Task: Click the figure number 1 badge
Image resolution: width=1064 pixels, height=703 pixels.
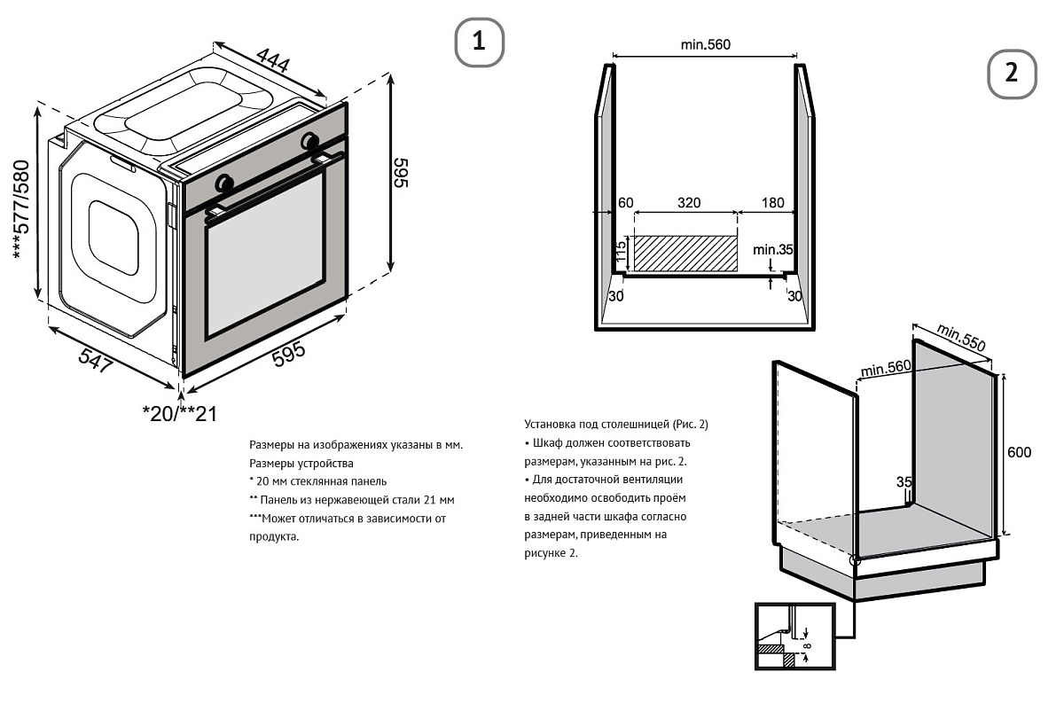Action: (x=479, y=42)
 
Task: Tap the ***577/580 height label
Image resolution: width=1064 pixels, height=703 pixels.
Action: (x=22, y=209)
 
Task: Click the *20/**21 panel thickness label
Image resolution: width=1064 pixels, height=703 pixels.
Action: (x=179, y=413)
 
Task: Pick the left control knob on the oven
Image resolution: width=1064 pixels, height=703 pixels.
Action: (x=224, y=183)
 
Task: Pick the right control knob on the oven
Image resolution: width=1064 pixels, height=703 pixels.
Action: (x=310, y=140)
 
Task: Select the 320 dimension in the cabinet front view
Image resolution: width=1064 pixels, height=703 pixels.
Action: (x=688, y=202)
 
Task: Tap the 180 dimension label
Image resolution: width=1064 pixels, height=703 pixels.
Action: (x=772, y=202)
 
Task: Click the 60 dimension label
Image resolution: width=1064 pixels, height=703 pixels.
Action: (x=625, y=202)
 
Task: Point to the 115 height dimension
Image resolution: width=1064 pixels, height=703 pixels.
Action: (x=622, y=254)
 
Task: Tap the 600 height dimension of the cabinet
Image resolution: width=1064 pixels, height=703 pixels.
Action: (x=1019, y=452)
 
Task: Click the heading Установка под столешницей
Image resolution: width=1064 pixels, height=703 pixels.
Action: (x=616, y=424)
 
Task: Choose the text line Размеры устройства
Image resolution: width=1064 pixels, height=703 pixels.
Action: (x=301, y=463)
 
